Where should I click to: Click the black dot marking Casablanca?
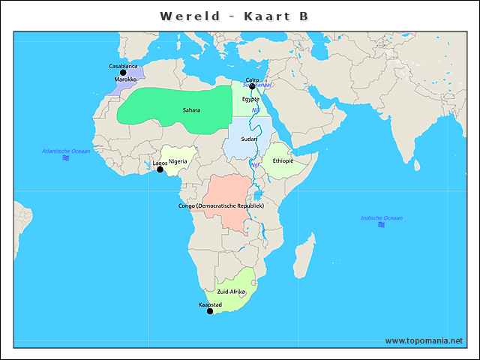(124, 73)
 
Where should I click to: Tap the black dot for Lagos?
(160, 169)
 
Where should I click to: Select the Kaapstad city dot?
(210, 311)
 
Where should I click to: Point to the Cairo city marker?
(252, 86)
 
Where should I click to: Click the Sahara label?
(191, 110)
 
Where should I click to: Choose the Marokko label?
(125, 79)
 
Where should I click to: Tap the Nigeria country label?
(178, 161)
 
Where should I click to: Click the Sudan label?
(249, 139)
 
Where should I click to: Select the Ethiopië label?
(283, 160)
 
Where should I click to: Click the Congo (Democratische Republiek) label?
(221, 205)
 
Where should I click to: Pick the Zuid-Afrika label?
(231, 291)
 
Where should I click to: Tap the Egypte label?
(250, 99)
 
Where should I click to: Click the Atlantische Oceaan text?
(66, 151)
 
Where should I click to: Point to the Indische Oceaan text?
(381, 217)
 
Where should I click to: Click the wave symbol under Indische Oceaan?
(381, 225)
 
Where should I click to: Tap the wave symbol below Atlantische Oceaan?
(66, 158)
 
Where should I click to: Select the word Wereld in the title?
(190, 16)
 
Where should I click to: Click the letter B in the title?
(304, 16)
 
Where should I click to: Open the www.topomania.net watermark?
(424, 341)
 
